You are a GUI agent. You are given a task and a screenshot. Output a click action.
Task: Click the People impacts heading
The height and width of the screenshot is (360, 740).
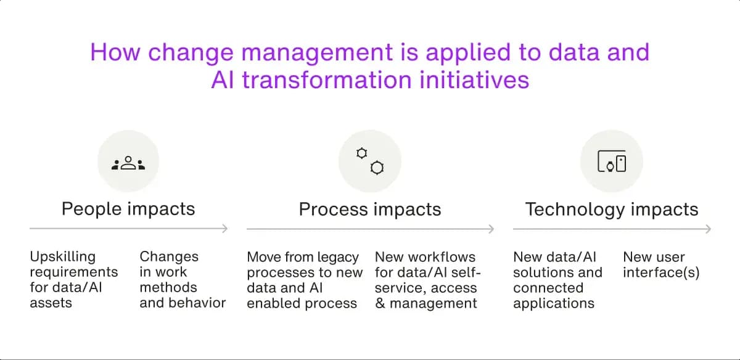pos(128,209)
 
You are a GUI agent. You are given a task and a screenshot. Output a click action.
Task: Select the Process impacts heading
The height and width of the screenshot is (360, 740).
pos(370,209)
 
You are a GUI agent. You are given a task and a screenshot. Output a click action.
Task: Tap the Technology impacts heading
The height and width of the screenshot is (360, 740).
pos(612,209)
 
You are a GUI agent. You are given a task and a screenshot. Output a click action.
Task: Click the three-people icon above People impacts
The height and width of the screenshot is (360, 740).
pos(128,163)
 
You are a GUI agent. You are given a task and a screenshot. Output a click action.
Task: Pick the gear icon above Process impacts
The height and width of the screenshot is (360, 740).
pos(370,161)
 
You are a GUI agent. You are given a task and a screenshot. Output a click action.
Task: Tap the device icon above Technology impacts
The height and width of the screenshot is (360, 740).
pos(612,163)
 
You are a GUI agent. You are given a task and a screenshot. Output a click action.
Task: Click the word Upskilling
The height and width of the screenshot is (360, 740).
pos(62,256)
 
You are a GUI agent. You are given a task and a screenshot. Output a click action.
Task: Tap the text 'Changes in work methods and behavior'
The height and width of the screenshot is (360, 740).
pos(182,280)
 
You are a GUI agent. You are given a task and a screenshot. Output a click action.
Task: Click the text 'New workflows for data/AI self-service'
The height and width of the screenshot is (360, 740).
pos(427,272)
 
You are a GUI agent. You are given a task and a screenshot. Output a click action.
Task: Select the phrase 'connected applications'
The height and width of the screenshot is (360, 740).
pos(553,295)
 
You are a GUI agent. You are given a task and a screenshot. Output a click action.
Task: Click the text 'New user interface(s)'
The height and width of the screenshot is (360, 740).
pos(661,264)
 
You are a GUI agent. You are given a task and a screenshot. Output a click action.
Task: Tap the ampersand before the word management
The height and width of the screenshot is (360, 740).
pos(380,303)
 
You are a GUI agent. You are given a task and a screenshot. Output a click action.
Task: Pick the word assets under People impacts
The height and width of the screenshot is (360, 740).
pos(51,303)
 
